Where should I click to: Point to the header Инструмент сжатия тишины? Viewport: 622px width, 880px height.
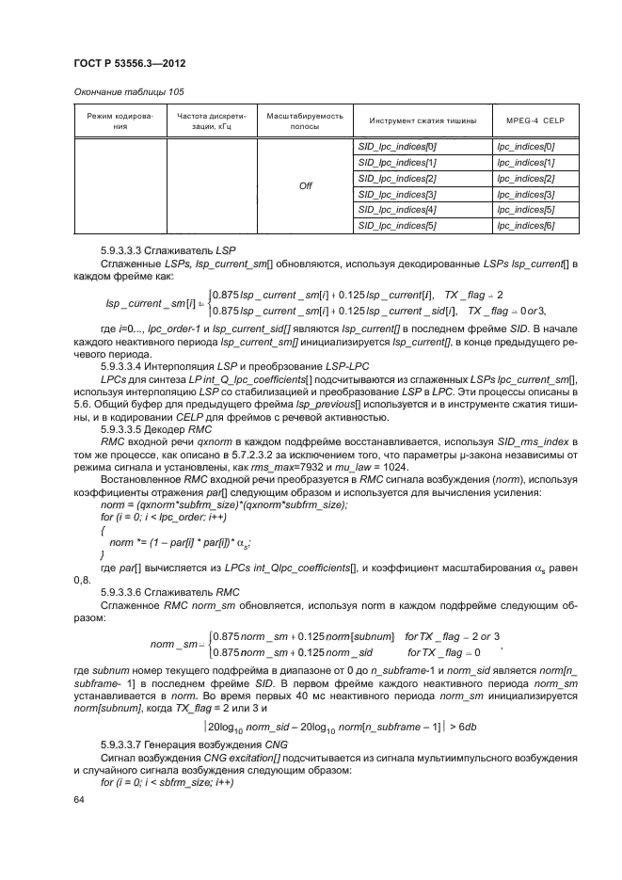tap(421, 121)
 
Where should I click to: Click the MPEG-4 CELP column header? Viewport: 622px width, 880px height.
tap(534, 121)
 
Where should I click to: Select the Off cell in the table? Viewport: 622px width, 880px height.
tap(305, 185)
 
